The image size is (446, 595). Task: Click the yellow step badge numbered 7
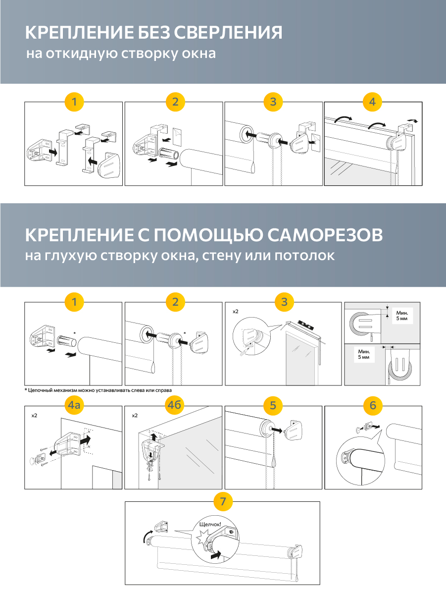[223, 501]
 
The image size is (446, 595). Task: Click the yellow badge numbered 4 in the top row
[373, 102]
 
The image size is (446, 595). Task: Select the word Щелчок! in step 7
[210, 525]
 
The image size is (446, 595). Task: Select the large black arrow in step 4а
[86, 439]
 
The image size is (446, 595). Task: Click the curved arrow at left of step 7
[144, 535]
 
